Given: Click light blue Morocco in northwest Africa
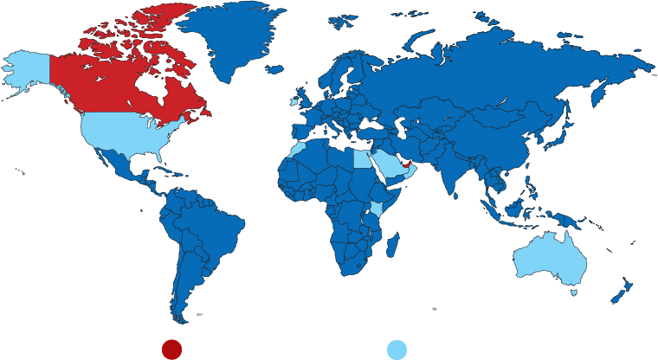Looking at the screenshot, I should point(299,149).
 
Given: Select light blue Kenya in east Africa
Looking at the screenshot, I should point(377,208).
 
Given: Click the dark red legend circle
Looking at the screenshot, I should point(171,349).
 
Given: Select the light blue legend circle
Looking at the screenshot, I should point(397,349).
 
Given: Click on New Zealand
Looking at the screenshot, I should point(622,291).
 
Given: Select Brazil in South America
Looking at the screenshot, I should point(208,225).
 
